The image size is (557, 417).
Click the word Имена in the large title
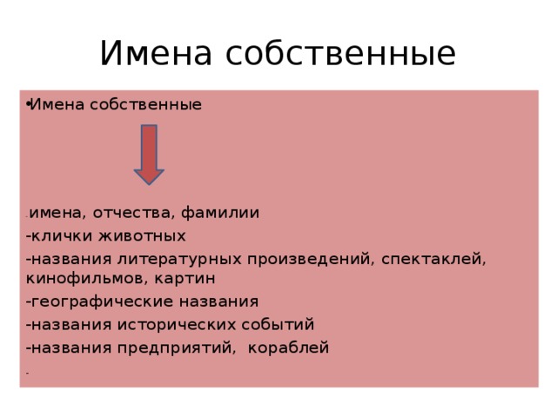pyautogui.click(x=158, y=53)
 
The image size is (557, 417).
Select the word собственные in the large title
pyautogui.click(x=340, y=53)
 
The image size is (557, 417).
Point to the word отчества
pyautogui.click(x=126, y=213)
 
